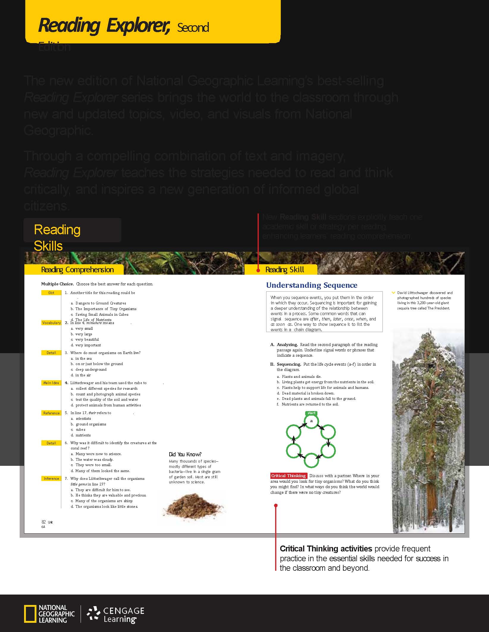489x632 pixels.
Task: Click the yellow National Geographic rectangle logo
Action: click(30, 614)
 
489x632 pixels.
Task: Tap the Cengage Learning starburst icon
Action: click(93, 613)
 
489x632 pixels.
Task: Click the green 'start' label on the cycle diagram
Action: click(311, 413)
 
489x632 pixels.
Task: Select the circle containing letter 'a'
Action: click(311, 421)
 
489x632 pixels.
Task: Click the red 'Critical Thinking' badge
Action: click(288, 476)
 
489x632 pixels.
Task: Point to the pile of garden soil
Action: click(193, 505)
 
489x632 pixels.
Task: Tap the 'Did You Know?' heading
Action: click(185, 454)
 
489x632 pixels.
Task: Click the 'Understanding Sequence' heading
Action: click(312, 285)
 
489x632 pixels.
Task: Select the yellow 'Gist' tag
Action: click(51, 293)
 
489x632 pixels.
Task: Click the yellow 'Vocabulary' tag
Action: click(51, 323)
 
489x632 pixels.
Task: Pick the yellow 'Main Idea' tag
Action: click(51, 383)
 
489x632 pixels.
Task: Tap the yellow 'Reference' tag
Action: click(51, 413)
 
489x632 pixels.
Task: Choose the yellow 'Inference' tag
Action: click(51, 478)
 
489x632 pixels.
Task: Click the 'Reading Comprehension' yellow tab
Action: click(77, 270)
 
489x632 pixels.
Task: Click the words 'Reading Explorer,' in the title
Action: click(104, 26)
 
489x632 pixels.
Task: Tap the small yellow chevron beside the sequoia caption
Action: click(394, 293)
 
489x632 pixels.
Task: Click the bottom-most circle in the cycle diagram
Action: click(311, 460)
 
